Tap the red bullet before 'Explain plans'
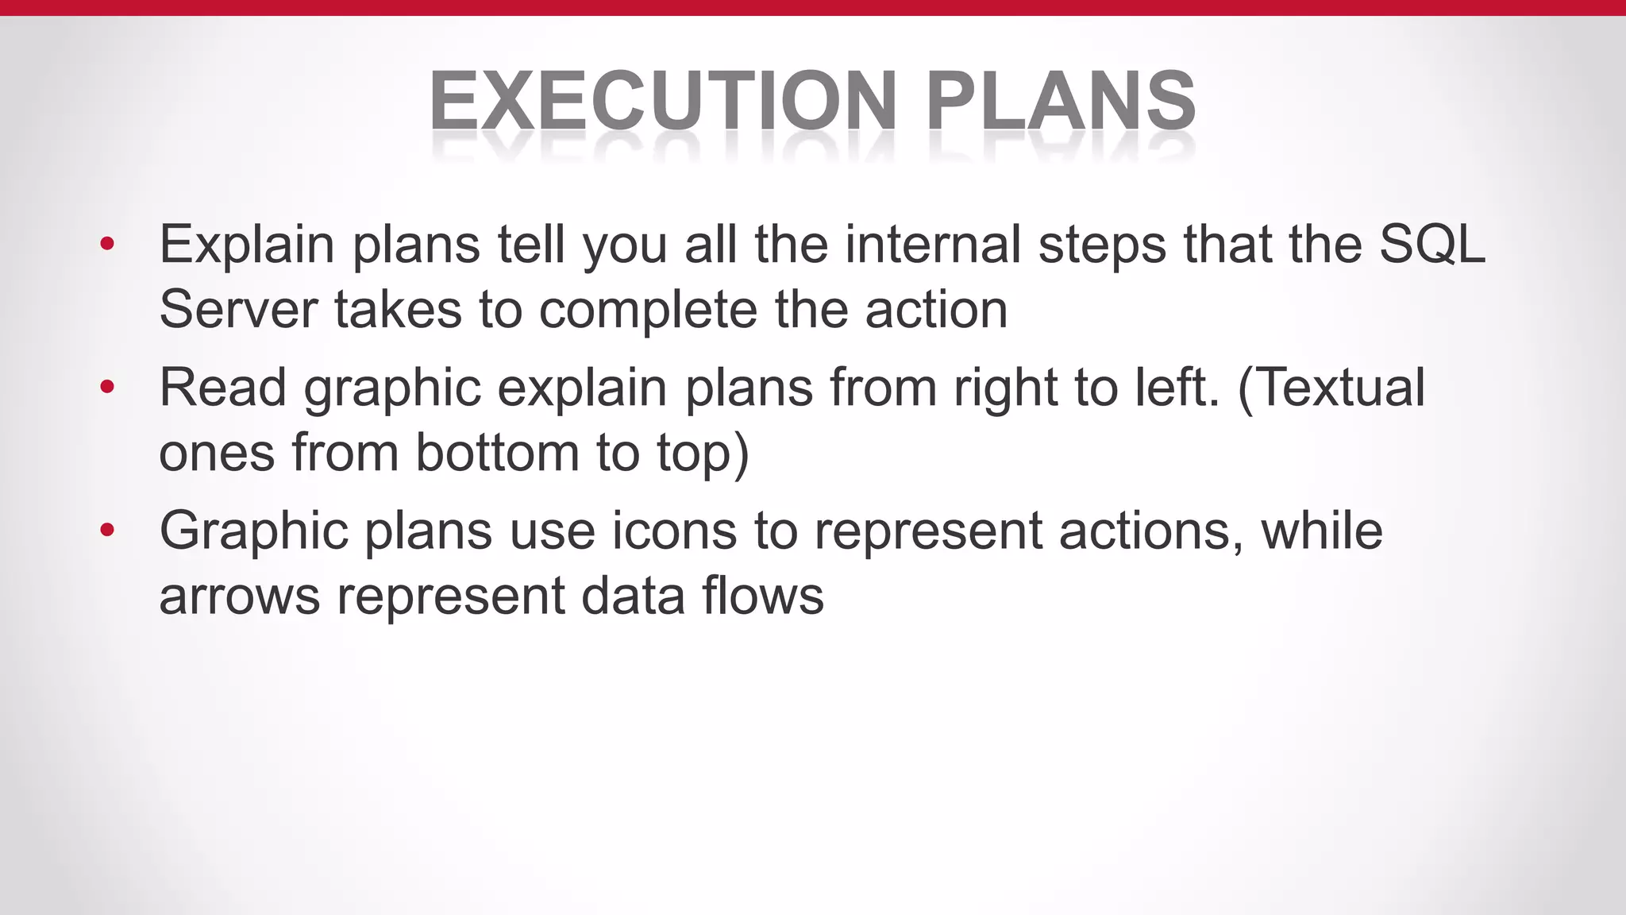pos(107,244)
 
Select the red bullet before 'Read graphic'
pos(107,388)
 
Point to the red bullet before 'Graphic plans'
pos(107,531)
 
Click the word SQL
pos(1431,244)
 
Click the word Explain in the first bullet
pos(246,244)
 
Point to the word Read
pos(223,388)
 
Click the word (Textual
pos(1331,388)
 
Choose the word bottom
pos(497,453)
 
